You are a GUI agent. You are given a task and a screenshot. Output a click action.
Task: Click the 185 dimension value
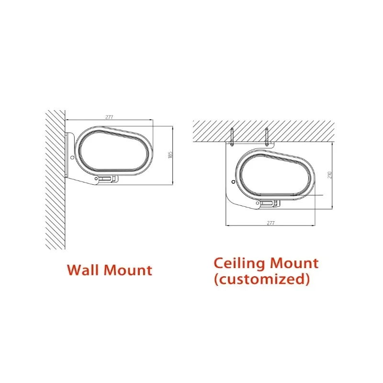pyautogui.click(x=170, y=155)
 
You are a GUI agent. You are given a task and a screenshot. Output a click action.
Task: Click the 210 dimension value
pyautogui.click(x=330, y=175)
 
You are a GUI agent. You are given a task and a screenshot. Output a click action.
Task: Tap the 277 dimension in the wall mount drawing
pyautogui.click(x=109, y=117)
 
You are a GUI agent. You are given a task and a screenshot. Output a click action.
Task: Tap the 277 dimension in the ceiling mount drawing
pyautogui.click(x=270, y=223)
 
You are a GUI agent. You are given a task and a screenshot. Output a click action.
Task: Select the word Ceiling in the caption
pyautogui.click(x=240, y=263)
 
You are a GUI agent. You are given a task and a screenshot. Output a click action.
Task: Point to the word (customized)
pyautogui.click(x=262, y=279)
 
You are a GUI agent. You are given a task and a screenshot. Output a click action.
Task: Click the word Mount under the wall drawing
pyautogui.click(x=128, y=270)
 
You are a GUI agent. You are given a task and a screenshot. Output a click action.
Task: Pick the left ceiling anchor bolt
pyautogui.click(x=232, y=137)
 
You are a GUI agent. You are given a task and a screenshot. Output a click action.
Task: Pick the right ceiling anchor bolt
pyautogui.click(x=267, y=137)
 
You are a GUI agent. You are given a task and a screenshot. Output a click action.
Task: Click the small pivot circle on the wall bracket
pyautogui.click(x=72, y=158)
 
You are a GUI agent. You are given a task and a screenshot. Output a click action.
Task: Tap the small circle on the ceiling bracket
pyautogui.click(x=234, y=182)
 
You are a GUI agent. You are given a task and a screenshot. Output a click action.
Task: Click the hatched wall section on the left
pyautogui.click(x=55, y=180)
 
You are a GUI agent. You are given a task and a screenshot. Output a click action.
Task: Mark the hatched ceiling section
pyautogui.click(x=264, y=131)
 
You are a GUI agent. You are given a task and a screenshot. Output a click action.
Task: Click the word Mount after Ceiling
pyautogui.click(x=294, y=263)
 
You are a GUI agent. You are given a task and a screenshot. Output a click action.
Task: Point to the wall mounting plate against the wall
pyautogui.click(x=67, y=155)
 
